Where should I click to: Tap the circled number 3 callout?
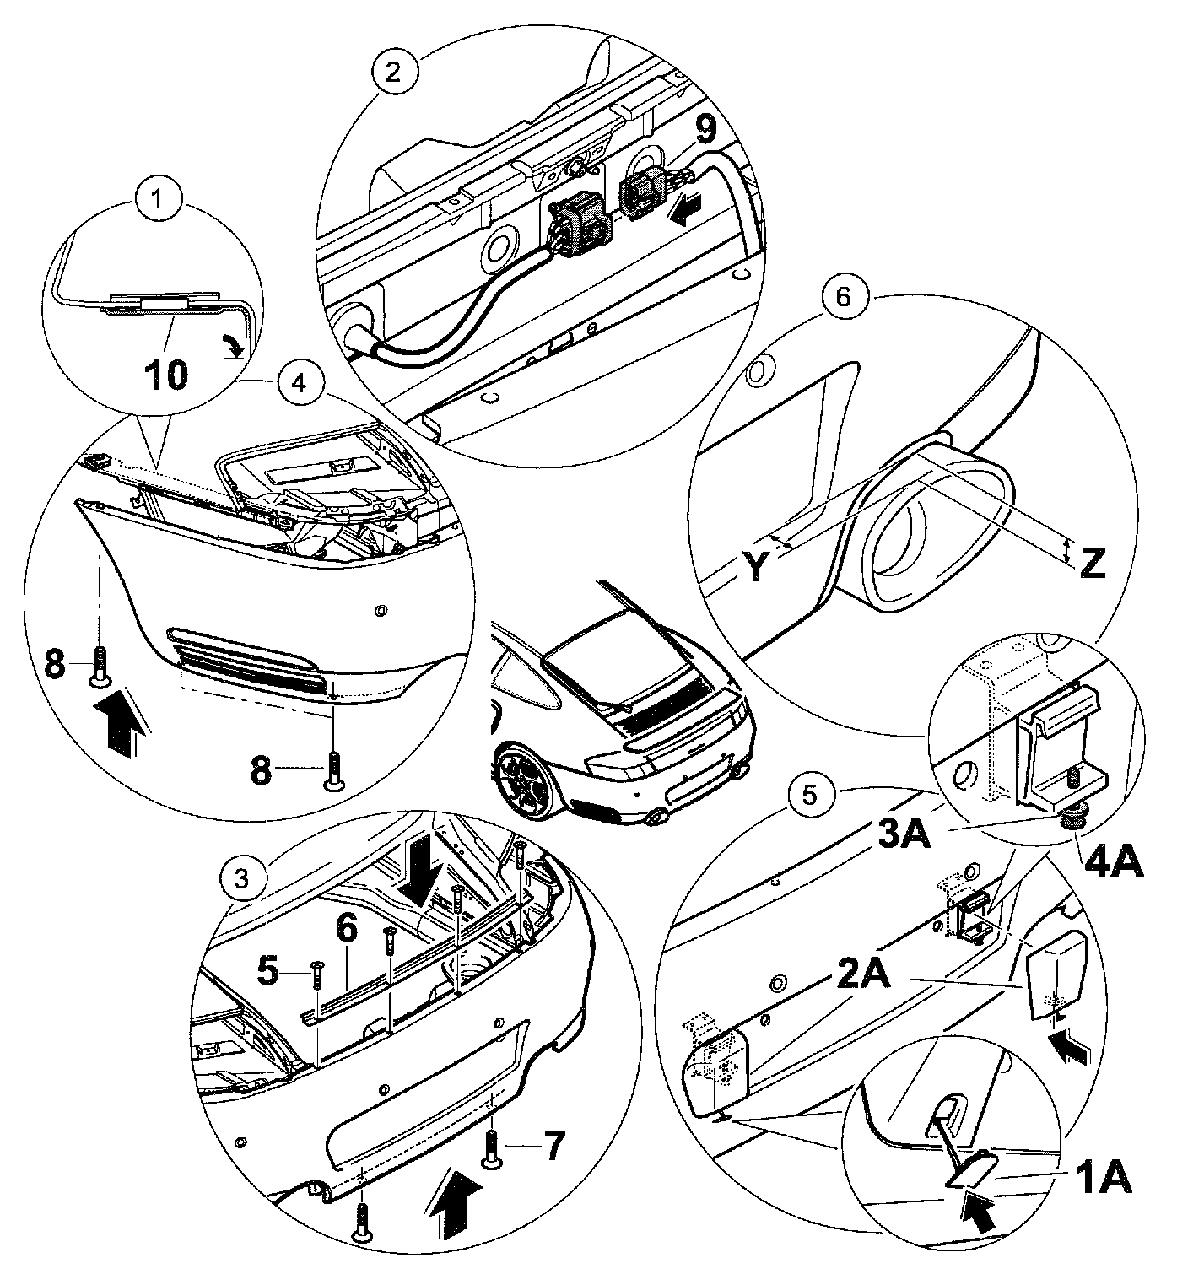242,879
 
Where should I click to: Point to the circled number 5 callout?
808,796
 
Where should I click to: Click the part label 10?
165,375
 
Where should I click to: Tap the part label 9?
706,130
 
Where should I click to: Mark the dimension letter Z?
1092,564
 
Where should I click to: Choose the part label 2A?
861,976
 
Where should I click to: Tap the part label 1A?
1102,1180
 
